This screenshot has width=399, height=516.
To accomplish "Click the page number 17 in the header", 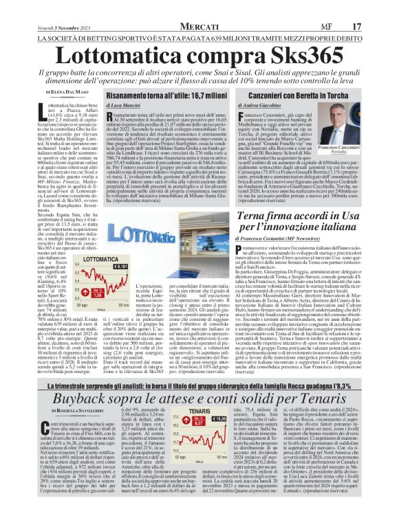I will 376,7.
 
